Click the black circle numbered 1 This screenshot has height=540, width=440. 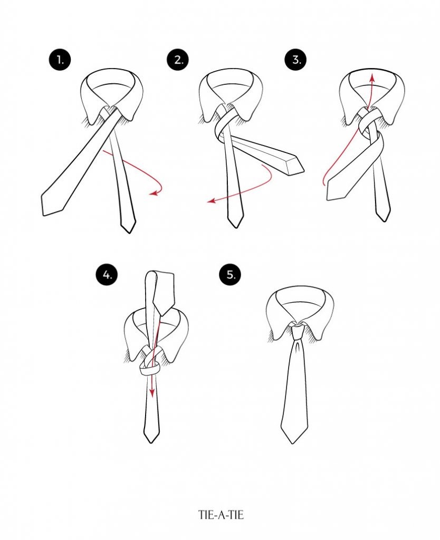click(60, 60)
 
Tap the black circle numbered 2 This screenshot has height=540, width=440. click(178, 60)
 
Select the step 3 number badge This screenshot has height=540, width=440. click(295, 60)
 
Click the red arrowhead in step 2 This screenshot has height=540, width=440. click(211, 200)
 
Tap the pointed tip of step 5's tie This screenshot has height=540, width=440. click(294, 443)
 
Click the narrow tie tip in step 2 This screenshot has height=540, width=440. click(236, 227)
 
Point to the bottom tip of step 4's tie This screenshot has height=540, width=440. click(151, 442)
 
